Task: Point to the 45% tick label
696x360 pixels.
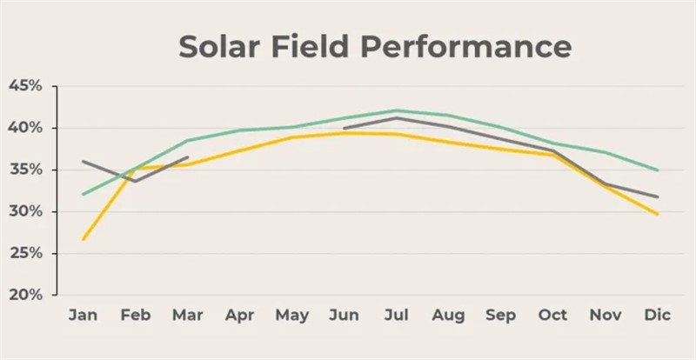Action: [x=25, y=86]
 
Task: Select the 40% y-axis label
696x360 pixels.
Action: [x=25, y=128]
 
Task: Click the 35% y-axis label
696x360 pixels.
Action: [x=25, y=170]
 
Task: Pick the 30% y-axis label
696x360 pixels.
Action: [x=25, y=211]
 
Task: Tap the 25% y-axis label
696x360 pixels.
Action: [x=25, y=253]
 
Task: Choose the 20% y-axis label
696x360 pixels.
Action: [x=25, y=295]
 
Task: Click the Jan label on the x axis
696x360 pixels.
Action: [x=83, y=315]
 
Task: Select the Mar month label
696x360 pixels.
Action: [x=187, y=315]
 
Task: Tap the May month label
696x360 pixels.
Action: [x=291, y=315]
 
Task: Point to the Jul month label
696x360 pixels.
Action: [x=397, y=315]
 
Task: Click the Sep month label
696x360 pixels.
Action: [x=501, y=315]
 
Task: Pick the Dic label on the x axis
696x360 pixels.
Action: [x=657, y=315]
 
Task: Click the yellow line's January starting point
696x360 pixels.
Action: [x=84, y=239]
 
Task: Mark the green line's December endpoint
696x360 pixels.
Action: [x=658, y=170]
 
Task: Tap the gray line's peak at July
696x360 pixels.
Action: [x=397, y=117]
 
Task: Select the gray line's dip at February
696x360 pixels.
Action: [x=135, y=181]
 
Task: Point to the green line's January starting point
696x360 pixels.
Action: [x=84, y=194]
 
